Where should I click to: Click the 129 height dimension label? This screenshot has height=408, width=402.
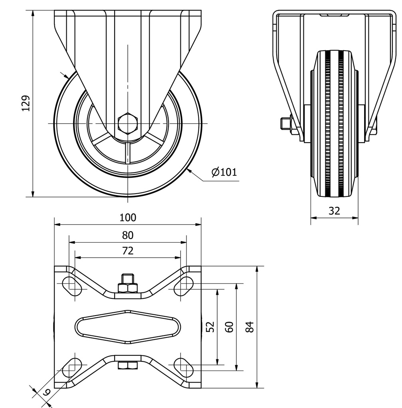tap(26, 103)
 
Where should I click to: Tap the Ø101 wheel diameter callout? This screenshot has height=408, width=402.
tap(224, 172)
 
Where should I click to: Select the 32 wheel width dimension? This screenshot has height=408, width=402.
tap(334, 211)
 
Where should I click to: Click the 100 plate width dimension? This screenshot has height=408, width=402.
tap(128, 217)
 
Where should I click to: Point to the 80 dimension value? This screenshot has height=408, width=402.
tap(128, 235)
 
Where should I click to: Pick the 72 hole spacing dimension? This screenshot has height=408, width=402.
tap(128, 251)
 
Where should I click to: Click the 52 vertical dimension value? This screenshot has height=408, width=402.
tap(210, 327)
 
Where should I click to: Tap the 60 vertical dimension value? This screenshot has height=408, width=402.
tap(229, 327)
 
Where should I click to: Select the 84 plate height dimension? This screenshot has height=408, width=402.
tap(250, 327)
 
